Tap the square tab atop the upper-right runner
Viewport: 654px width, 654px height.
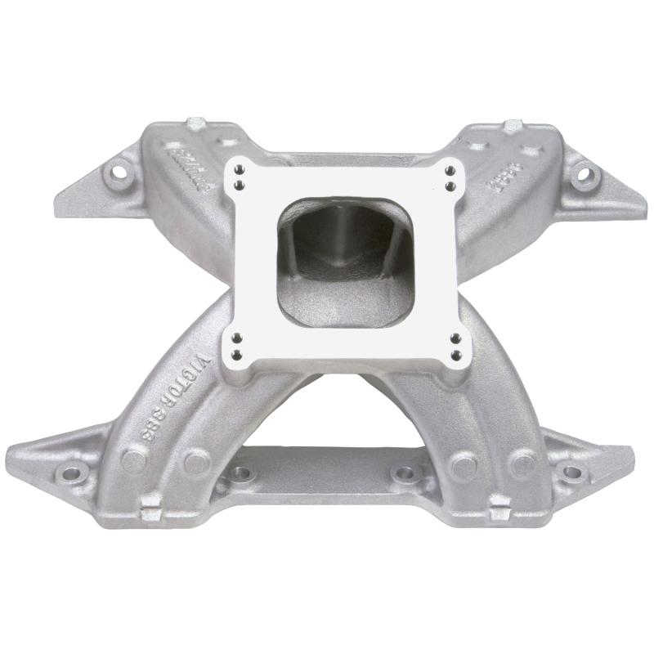pos(512,126)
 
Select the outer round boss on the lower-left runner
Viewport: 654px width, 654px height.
pos(133,460)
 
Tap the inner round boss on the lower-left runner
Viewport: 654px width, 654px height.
pos(196,464)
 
